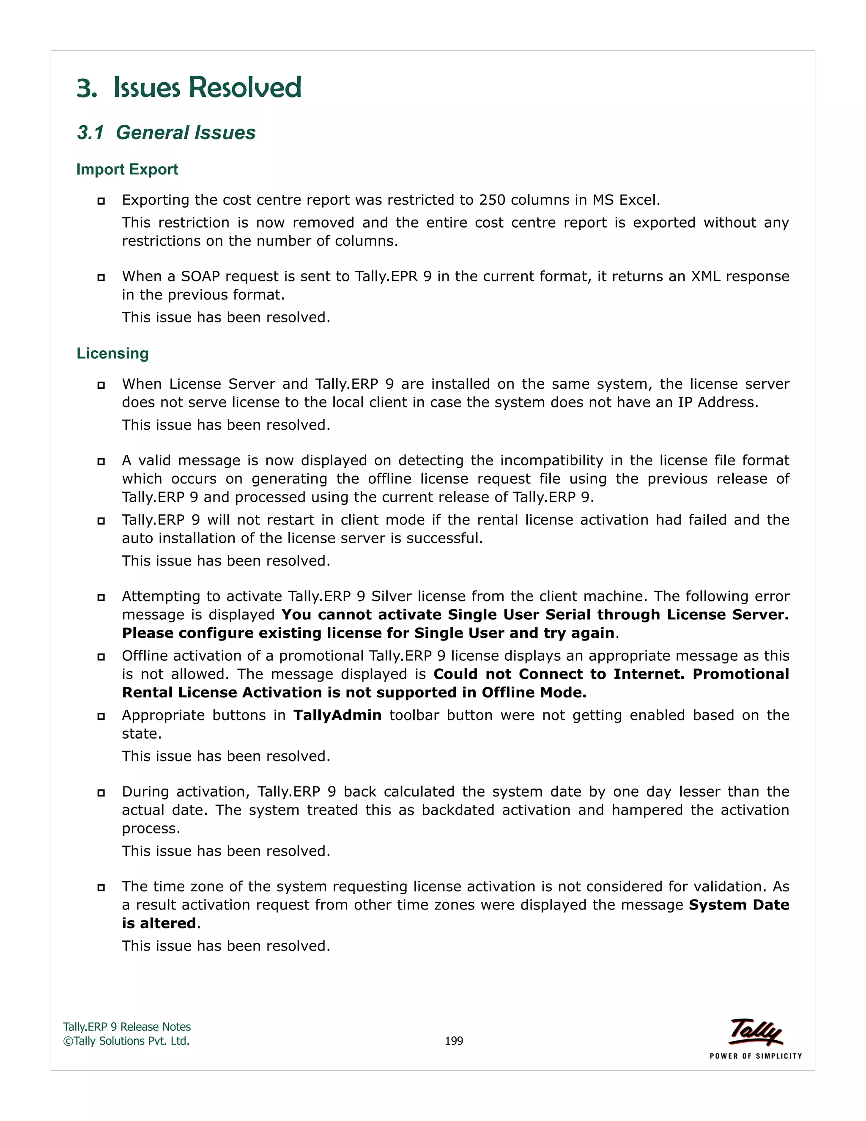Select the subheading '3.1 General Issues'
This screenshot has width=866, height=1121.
point(166,132)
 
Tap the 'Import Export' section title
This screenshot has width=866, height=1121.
point(127,169)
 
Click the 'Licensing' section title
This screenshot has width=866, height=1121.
point(112,353)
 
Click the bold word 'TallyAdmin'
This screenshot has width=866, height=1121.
point(337,715)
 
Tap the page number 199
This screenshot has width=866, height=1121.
point(454,1041)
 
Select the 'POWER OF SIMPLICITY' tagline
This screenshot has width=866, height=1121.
point(755,1056)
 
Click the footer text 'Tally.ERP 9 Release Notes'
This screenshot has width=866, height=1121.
point(127,1027)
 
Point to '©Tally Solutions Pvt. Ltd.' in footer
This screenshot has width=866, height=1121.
point(126,1041)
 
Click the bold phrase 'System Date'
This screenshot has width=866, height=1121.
point(738,904)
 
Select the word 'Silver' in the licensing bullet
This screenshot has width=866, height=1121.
point(392,596)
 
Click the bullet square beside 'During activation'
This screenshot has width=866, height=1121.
point(101,792)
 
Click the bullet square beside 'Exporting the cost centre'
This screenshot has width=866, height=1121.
point(101,201)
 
